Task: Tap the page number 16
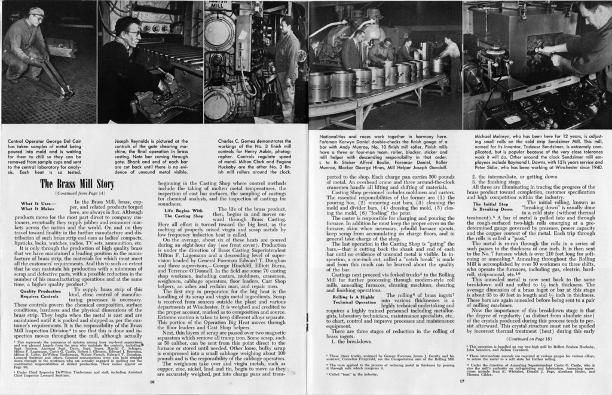point(152,382)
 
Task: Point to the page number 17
point(461,382)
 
